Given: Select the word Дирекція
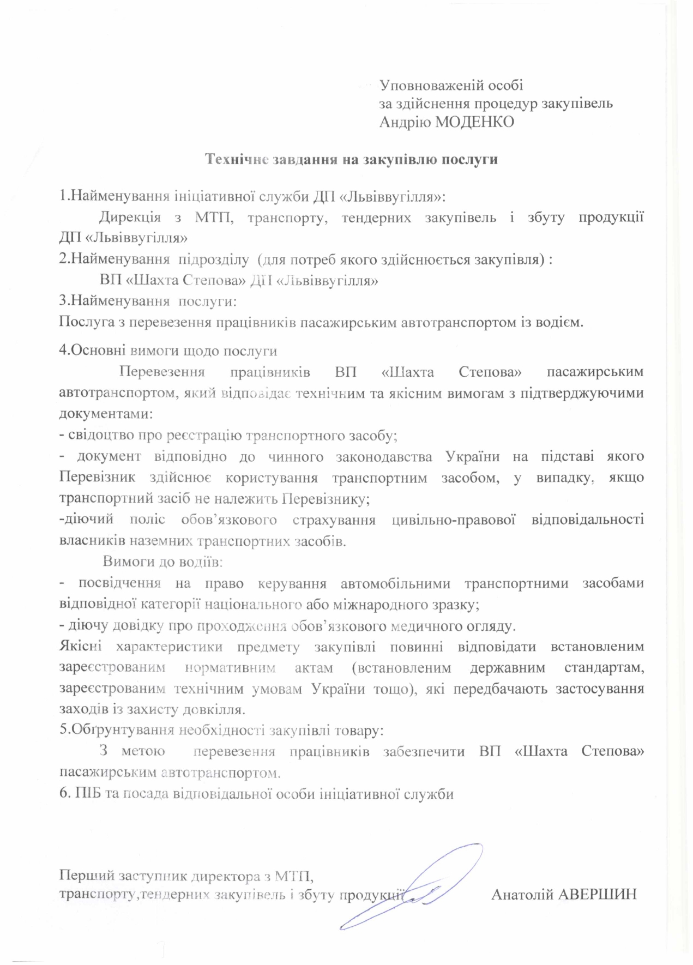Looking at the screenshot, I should pos(130,217).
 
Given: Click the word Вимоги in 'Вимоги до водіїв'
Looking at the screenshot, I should pos(128,561).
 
